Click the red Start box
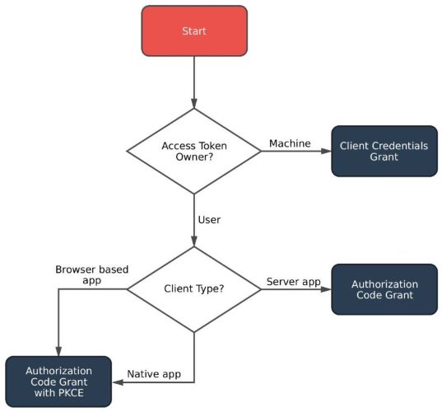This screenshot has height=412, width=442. (x=194, y=32)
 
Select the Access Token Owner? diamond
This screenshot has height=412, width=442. (x=194, y=151)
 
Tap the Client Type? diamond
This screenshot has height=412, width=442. (x=194, y=289)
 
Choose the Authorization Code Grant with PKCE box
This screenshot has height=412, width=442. (x=58, y=382)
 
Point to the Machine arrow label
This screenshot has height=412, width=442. (x=290, y=144)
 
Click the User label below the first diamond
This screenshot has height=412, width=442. (x=209, y=221)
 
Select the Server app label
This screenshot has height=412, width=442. (x=293, y=282)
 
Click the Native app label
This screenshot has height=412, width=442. (x=154, y=375)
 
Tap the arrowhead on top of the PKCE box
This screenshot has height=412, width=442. (x=58, y=351)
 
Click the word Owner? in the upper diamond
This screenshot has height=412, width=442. (x=194, y=157)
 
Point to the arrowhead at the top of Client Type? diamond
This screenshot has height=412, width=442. (x=194, y=242)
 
